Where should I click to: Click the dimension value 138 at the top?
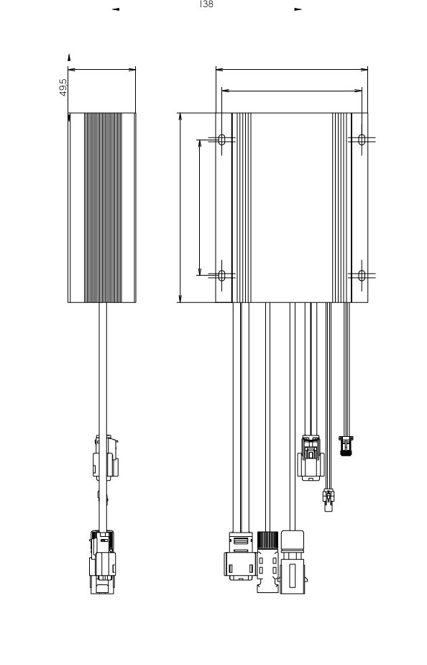(206, 4)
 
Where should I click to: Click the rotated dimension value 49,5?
(63, 87)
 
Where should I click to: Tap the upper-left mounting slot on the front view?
(221, 140)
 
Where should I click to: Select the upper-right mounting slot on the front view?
(362, 140)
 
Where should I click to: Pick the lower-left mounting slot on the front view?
(221, 276)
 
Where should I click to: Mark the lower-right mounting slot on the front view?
(362, 276)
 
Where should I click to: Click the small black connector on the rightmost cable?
(346, 445)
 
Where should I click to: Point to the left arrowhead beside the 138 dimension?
(116, 9)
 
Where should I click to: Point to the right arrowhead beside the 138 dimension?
(298, 9)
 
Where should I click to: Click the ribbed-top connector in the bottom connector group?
(267, 561)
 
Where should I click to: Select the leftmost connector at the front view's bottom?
(240, 556)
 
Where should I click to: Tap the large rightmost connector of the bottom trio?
(293, 561)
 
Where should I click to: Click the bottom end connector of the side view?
(103, 562)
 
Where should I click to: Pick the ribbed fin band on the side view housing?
(103, 208)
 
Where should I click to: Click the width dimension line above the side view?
(101, 70)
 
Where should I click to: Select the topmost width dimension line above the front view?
(292, 70)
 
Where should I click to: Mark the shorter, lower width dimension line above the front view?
(292, 91)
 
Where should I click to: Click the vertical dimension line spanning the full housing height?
(180, 208)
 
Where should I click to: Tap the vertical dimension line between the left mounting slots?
(200, 207)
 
